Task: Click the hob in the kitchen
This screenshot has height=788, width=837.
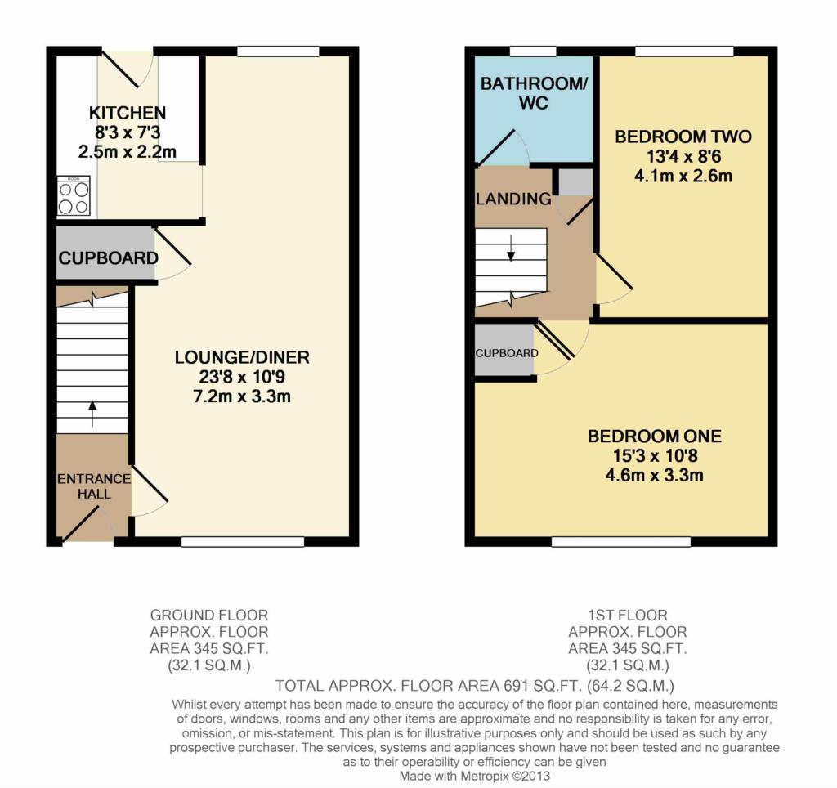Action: pyautogui.click(x=74, y=196)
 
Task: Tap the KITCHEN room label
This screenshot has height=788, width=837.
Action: pyautogui.click(x=128, y=113)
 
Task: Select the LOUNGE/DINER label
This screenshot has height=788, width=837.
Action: pyautogui.click(x=242, y=357)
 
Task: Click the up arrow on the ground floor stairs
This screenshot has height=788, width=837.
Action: pyautogui.click(x=93, y=414)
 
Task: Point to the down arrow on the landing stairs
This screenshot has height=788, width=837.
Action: pyautogui.click(x=511, y=248)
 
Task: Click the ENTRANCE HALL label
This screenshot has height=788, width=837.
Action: pyautogui.click(x=95, y=486)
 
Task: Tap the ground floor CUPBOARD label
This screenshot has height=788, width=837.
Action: pyautogui.click(x=109, y=258)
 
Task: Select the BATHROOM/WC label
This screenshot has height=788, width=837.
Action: pyautogui.click(x=534, y=93)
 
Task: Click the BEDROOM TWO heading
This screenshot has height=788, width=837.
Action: pyautogui.click(x=683, y=137)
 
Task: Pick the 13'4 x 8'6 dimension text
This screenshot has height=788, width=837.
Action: pyautogui.click(x=683, y=156)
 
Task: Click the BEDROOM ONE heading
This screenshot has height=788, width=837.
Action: pyautogui.click(x=655, y=437)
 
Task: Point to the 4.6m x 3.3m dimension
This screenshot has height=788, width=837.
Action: pyautogui.click(x=655, y=475)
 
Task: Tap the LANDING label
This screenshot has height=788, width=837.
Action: pyautogui.click(x=513, y=199)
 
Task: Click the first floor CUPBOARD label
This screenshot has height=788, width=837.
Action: pyautogui.click(x=507, y=353)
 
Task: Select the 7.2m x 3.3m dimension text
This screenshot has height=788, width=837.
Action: pyautogui.click(x=242, y=396)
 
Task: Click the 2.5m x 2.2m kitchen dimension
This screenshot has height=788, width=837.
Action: pyautogui.click(x=128, y=152)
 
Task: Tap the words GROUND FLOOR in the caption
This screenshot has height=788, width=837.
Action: pyautogui.click(x=209, y=616)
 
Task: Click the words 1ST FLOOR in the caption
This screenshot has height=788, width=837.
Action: pyautogui.click(x=628, y=616)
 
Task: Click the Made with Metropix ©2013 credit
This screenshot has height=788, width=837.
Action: pyautogui.click(x=475, y=776)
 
